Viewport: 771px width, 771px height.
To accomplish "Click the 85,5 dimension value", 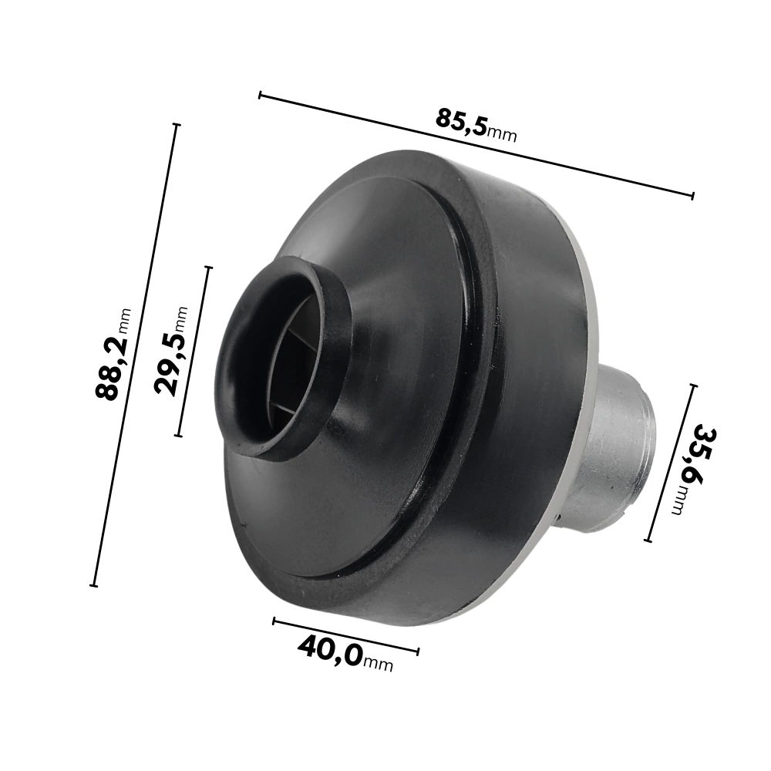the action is pos(461,122).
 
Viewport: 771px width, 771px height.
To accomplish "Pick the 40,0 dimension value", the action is pos(331,651).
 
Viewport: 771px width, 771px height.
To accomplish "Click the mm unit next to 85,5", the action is pos(502,133).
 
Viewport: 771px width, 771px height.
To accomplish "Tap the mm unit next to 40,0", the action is pos(378,665).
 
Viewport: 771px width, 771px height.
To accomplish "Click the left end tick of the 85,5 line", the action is pos(260,96).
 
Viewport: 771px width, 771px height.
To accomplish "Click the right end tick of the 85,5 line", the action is pos(693,196).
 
